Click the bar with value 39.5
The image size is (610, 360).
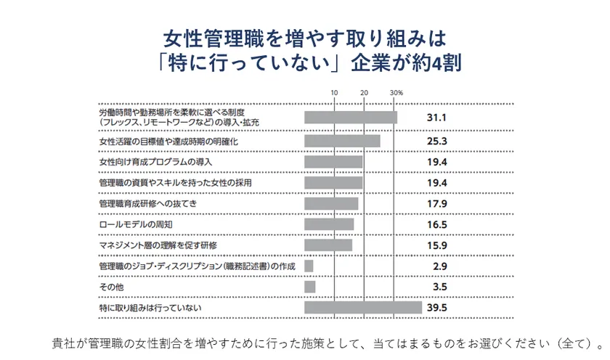coord(363,308)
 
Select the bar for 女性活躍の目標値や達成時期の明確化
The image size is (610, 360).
coord(342,140)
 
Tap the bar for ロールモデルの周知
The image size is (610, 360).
coord(329,224)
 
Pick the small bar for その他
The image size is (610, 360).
coord(310,287)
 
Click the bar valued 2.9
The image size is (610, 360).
coord(309,266)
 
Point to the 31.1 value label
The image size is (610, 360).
coord(436,117)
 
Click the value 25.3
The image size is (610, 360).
coord(436,140)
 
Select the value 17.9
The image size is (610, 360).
coord(436,203)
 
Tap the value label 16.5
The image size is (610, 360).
coord(436,224)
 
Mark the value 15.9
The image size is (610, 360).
coord(436,245)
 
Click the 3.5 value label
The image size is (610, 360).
coord(439,287)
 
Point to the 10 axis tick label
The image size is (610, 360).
coord(334,94)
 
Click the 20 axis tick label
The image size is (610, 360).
coord(364,94)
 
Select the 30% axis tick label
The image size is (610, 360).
coord(396,94)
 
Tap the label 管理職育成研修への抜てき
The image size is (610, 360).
coord(147,203)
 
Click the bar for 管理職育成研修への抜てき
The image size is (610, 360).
coord(331,203)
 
